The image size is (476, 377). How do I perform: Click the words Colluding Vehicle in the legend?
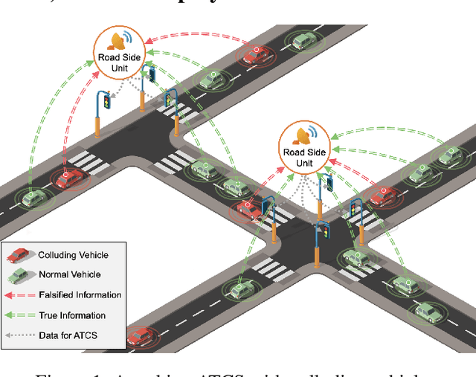click(73, 255)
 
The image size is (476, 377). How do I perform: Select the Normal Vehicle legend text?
click(68, 275)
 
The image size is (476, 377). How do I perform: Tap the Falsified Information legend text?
click(80, 295)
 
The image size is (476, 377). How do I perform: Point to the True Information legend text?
click(71, 315)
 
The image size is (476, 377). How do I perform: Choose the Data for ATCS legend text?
click(68, 335)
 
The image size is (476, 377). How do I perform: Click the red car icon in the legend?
click(20, 255)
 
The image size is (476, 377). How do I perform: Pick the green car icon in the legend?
click(20, 275)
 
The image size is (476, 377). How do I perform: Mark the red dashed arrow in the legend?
click(20, 295)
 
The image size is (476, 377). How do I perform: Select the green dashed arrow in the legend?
click(20, 315)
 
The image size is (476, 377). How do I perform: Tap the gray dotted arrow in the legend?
click(20, 335)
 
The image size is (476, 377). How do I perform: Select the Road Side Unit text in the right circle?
click(304, 158)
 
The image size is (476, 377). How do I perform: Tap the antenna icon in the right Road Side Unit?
click(305, 135)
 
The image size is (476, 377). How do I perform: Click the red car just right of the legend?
click(141, 338)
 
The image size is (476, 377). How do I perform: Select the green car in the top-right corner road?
click(304, 41)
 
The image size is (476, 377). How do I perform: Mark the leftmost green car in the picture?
click(33, 198)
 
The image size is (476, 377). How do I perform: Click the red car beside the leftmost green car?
click(70, 179)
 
